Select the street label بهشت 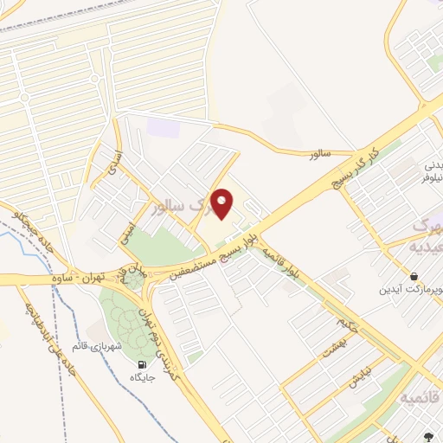point(329,347)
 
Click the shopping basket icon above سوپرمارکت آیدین point(417,272)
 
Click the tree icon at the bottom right point(427,437)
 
